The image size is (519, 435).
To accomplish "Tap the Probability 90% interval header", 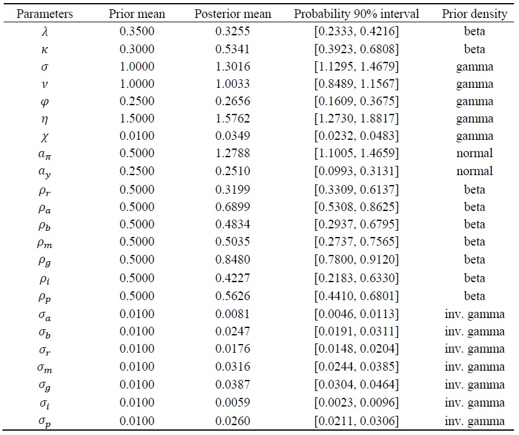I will point(355,14).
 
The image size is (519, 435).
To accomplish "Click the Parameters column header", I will point(45,14).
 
